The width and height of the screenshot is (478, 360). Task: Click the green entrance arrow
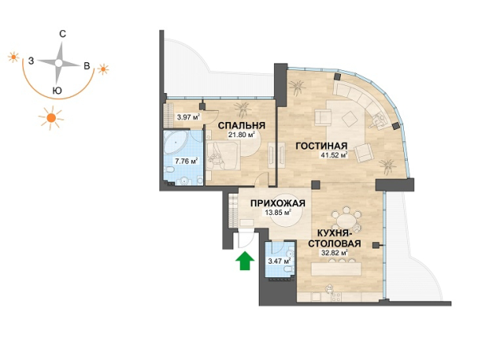[x=245, y=261]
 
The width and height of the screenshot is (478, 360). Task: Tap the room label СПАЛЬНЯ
[x=241, y=126]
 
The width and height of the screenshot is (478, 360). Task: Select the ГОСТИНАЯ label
[x=322, y=146]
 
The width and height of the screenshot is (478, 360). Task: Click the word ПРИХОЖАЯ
[x=278, y=203]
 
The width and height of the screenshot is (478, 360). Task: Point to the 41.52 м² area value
[x=334, y=155]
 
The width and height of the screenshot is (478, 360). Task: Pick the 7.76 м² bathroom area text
[x=186, y=161]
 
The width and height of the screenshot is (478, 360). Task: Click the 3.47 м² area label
[x=279, y=261]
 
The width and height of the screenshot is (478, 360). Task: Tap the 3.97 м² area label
[x=188, y=117]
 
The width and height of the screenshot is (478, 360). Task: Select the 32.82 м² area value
[x=335, y=252]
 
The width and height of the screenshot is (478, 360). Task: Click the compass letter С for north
[x=62, y=33]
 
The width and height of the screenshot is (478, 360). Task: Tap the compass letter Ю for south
[x=57, y=91]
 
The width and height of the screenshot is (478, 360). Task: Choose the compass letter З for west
[x=31, y=61]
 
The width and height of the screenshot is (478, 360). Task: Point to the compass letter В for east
[x=87, y=66]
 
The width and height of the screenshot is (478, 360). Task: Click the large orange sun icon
[x=51, y=117]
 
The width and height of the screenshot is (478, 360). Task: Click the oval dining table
[x=346, y=219]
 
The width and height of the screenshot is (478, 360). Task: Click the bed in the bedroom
[x=224, y=156]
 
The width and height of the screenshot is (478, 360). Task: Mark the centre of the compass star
[x=58, y=63]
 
